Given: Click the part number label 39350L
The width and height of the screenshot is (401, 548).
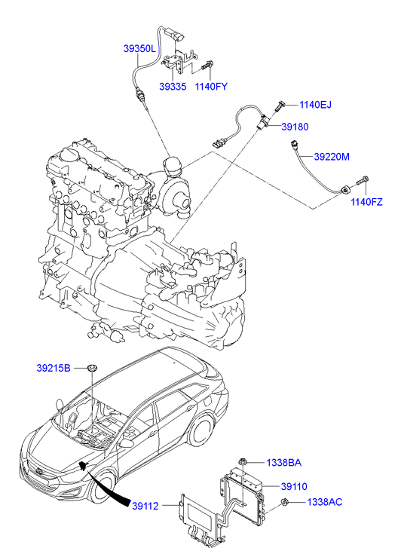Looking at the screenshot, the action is pyautogui.click(x=139, y=48).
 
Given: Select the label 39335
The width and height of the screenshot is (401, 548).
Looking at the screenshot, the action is pyautogui.click(x=173, y=87).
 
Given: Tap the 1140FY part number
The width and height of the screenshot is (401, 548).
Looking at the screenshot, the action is pyautogui.click(x=211, y=87).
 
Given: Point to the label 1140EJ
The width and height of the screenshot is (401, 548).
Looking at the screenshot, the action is pyautogui.click(x=315, y=105).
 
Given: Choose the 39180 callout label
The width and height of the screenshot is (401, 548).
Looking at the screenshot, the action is pyautogui.click(x=295, y=127).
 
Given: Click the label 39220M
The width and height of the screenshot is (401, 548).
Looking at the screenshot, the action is pyautogui.click(x=332, y=157).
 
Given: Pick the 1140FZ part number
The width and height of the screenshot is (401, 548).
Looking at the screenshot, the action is pyautogui.click(x=366, y=202).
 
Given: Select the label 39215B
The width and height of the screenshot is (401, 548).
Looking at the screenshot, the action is pyautogui.click(x=54, y=368).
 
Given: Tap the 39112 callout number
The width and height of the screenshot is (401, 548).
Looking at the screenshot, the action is pyautogui.click(x=145, y=506).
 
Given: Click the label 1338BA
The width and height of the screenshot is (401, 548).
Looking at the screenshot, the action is pyautogui.click(x=283, y=463).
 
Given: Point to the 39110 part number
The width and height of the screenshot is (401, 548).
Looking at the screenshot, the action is pyautogui.click(x=294, y=486).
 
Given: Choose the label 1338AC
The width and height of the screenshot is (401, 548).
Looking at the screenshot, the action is pyautogui.click(x=324, y=502).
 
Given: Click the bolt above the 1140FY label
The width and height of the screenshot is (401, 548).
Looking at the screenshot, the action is pyautogui.click(x=208, y=65).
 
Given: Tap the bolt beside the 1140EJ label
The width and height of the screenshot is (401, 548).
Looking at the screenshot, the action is pyautogui.click(x=280, y=105).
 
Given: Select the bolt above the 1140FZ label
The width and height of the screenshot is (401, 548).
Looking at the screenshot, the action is pyautogui.click(x=362, y=181).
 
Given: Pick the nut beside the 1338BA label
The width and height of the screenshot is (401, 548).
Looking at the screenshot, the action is pyautogui.click(x=243, y=462).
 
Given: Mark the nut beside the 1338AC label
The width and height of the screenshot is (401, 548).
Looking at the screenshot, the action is pyautogui.click(x=285, y=502).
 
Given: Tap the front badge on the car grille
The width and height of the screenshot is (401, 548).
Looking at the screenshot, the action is pyautogui.click(x=39, y=471).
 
